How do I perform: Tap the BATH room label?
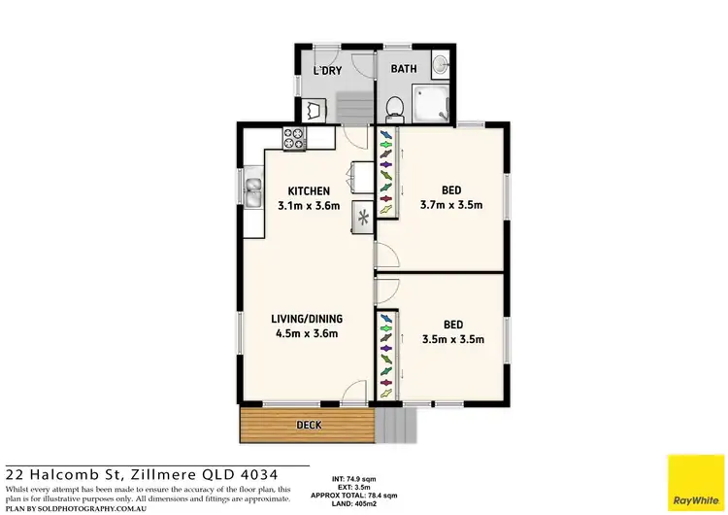(404, 70)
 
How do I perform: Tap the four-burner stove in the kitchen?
(295, 139)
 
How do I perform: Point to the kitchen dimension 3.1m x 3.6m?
(308, 206)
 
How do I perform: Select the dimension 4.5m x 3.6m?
(308, 334)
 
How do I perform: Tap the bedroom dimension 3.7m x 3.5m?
(451, 205)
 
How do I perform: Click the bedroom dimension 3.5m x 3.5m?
(451, 339)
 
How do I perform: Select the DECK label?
(309, 425)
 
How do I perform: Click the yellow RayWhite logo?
(696, 482)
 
